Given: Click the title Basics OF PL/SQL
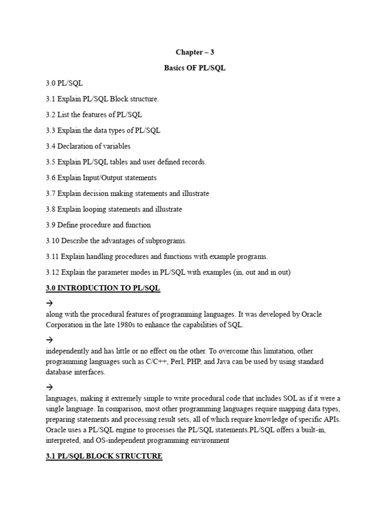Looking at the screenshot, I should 194,68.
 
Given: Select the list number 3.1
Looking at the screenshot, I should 50,99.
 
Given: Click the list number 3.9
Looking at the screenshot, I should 50,225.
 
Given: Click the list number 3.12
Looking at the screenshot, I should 52,272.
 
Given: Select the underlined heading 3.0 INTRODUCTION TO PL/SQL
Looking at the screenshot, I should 103,288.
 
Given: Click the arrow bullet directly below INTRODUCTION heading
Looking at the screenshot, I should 49,303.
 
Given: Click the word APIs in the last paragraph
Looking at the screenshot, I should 331,419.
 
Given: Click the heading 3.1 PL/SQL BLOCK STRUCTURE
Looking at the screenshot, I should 104,456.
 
